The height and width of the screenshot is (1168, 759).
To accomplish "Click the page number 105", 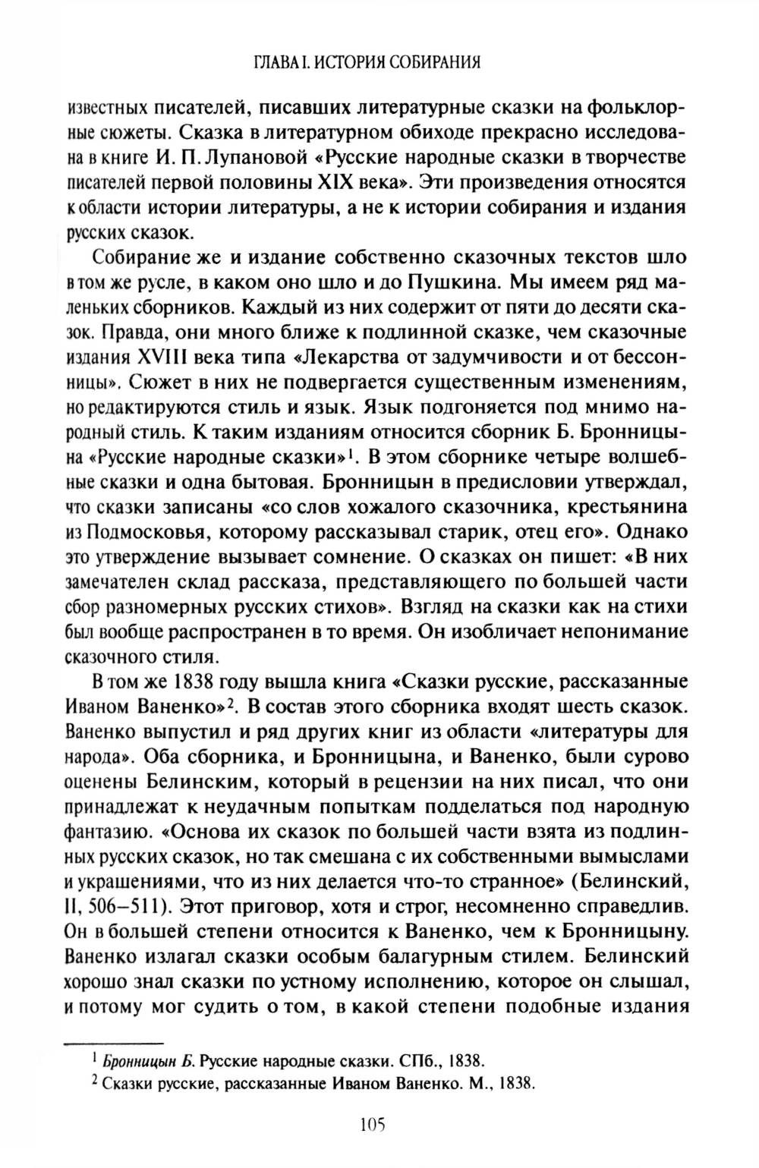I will tap(370, 1125).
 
